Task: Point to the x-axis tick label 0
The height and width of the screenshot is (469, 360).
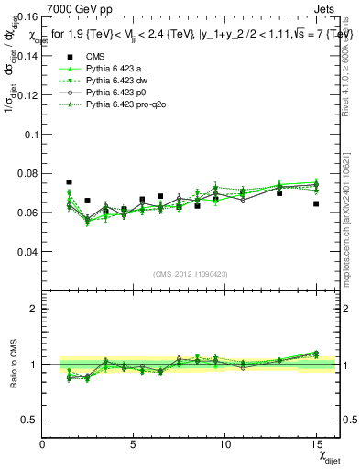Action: click(43, 445)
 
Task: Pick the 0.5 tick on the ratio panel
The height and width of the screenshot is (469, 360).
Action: click(31, 419)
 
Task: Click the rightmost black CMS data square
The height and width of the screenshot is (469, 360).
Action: click(316, 203)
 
